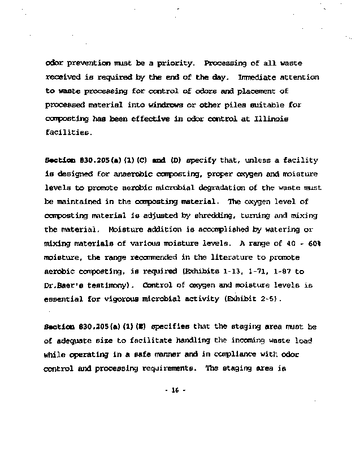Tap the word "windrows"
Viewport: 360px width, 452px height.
[167, 105]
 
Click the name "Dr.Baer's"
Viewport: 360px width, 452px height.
[64, 284]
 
